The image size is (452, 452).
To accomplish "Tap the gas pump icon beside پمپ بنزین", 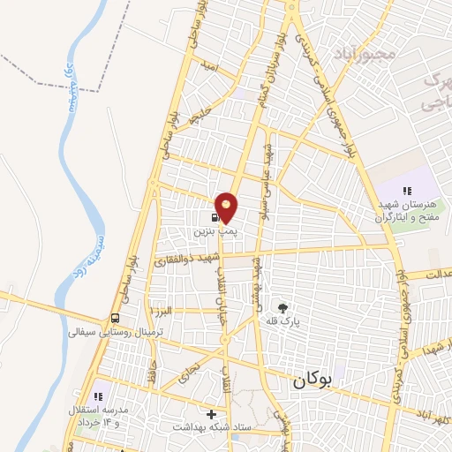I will (215, 216).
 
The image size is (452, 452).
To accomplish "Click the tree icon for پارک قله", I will (282, 308).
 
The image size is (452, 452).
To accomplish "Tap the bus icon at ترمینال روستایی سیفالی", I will (116, 319).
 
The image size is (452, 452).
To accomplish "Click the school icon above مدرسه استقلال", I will (98, 396).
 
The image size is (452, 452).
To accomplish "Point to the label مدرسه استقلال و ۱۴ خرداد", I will (100, 417).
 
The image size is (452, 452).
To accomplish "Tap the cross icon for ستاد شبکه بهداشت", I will (210, 414).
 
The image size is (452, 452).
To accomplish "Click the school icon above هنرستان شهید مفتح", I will (407, 191).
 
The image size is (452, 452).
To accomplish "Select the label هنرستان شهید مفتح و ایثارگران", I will (408, 211).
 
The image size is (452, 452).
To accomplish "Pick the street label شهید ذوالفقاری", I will (185, 260).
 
